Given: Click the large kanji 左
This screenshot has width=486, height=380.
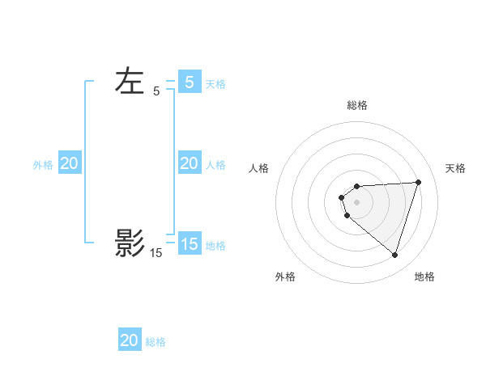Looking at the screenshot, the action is (x=130, y=81).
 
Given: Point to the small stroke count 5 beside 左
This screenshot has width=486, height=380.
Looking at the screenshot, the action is (x=156, y=92).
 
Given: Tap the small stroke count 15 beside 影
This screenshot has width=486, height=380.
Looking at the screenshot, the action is (x=156, y=253).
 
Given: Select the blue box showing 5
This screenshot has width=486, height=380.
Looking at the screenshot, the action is (x=190, y=82).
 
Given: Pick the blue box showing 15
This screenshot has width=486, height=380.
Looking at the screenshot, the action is (x=190, y=243).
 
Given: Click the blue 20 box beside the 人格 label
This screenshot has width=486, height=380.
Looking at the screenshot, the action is (x=190, y=163).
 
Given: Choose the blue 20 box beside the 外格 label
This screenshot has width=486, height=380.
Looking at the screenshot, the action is (x=70, y=163).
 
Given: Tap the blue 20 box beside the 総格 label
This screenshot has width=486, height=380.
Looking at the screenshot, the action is (x=130, y=340).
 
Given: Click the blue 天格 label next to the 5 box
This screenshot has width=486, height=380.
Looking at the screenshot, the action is (x=215, y=83).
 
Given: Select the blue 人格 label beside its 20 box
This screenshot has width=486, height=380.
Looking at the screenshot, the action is (x=215, y=165).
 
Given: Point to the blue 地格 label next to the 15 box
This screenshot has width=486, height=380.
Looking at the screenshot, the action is (x=215, y=245).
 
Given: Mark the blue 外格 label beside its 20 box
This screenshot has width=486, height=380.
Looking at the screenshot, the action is (x=43, y=165).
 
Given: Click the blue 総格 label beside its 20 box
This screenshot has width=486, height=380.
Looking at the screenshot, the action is (x=156, y=342).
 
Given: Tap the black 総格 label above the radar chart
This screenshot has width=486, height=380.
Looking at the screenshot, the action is (x=356, y=105).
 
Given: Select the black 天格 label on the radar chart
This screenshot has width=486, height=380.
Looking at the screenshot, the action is (x=455, y=168).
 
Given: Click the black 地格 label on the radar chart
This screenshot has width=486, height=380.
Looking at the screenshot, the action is (x=424, y=277).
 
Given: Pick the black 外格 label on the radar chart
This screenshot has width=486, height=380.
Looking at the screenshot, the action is (x=285, y=277).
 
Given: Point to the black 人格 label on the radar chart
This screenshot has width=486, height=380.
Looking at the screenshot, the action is (x=259, y=168).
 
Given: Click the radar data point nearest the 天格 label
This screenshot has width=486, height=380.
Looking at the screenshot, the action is (x=418, y=182).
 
